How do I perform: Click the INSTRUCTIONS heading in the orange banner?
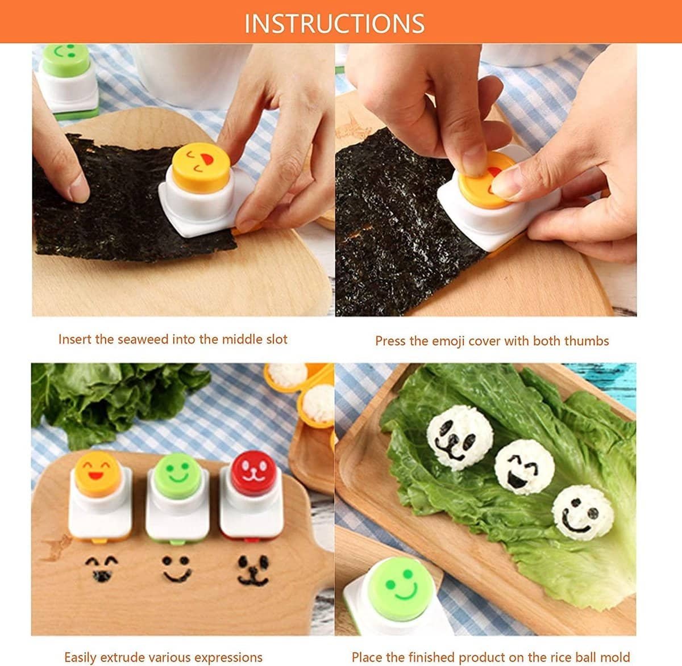(334, 23)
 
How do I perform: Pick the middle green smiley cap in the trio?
(178, 476)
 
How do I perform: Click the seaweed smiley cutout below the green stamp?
(177, 569)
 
